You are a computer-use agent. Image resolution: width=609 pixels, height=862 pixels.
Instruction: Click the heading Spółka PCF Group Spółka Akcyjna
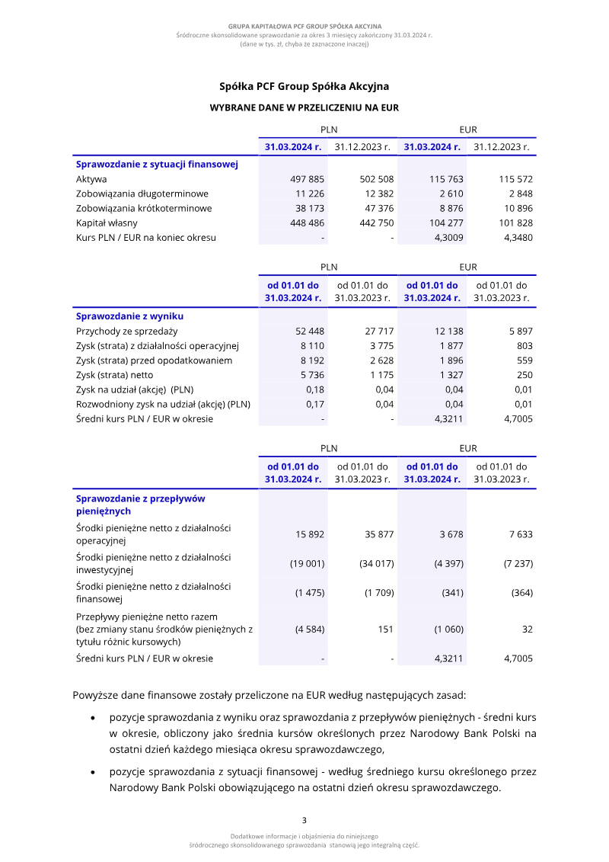(304, 87)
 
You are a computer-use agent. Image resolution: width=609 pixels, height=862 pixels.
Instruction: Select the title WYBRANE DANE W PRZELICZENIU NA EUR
(304, 108)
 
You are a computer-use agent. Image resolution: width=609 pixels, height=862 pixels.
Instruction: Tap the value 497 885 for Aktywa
(308, 179)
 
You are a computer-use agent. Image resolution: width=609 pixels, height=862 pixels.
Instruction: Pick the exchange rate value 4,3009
(448, 237)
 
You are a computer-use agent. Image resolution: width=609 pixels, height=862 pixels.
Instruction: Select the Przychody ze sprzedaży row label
(126, 331)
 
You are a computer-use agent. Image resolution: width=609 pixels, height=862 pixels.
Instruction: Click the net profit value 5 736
(313, 375)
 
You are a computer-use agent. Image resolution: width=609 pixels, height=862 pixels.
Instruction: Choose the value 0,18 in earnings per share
(315, 389)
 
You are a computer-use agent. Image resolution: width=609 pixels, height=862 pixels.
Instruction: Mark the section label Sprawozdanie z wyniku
(129, 316)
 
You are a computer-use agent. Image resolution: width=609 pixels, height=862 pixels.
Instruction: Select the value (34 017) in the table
(376, 564)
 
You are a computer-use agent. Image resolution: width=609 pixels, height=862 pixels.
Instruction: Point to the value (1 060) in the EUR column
(448, 630)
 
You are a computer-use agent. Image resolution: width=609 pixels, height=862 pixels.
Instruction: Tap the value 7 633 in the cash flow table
(521, 534)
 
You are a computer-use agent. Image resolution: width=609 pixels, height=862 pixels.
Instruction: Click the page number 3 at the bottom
(304, 821)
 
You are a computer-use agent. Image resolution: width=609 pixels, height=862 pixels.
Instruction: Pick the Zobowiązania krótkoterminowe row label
(144, 208)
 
